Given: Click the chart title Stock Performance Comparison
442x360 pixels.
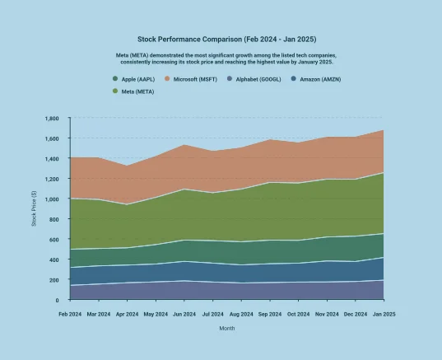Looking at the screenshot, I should click(226, 39).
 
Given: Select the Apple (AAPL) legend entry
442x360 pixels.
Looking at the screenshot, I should click(137, 79).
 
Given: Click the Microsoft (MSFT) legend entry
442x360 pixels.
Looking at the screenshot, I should click(198, 79).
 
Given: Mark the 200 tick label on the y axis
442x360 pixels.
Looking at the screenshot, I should click(54, 280).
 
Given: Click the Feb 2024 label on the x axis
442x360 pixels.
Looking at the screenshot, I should click(70, 314).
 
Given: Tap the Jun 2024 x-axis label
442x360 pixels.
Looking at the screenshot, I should click(184, 314).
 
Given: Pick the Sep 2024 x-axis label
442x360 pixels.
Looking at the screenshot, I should click(269, 314).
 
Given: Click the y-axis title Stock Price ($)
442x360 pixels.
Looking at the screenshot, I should click(34, 209).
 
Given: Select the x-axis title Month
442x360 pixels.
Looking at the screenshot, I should click(226, 328).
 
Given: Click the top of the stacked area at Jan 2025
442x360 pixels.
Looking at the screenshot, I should click(383, 130).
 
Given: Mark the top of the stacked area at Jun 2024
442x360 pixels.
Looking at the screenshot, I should click(184, 145).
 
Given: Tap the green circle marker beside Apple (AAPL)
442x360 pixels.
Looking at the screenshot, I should click(115, 79).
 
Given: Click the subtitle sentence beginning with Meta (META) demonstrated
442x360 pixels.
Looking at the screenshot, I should click(226, 58).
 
